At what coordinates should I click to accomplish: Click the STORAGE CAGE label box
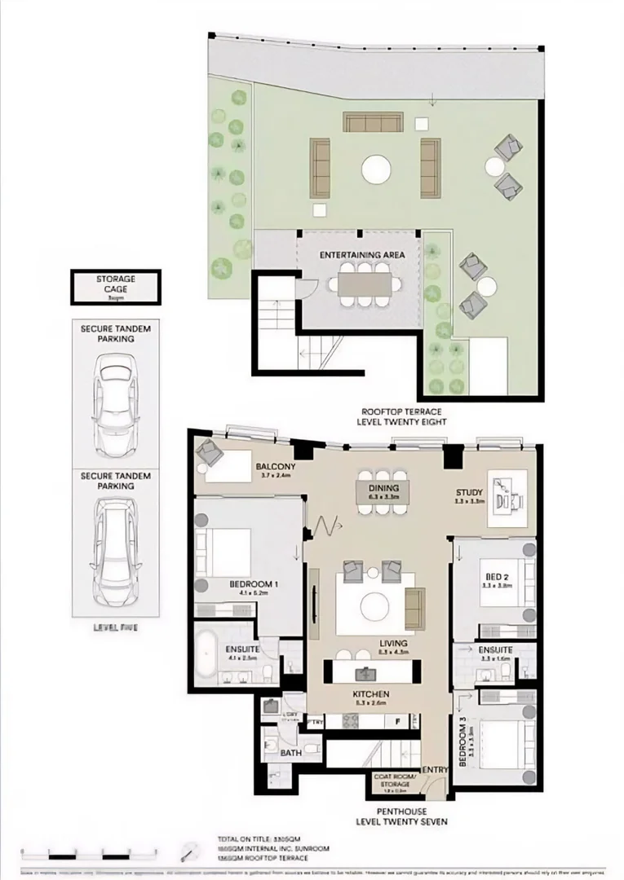tap(116, 287)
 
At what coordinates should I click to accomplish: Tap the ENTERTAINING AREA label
tap(362, 255)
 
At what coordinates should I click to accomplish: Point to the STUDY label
tap(470, 493)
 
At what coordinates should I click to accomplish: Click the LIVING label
tap(393, 644)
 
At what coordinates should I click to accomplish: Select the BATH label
tap(290, 754)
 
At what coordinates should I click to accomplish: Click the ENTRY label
tap(433, 769)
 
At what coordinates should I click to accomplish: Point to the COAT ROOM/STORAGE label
tap(395, 780)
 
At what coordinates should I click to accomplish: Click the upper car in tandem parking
tap(116, 410)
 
